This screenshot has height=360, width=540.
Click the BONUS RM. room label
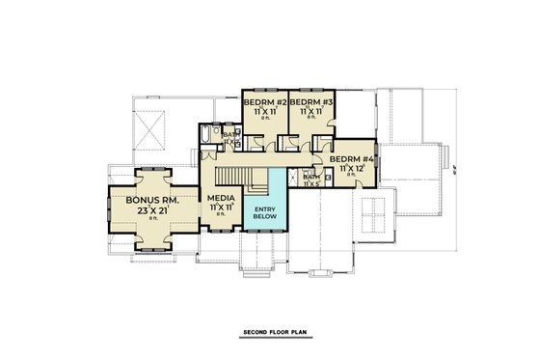click(x=148, y=200)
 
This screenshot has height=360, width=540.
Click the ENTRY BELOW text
click(x=264, y=211)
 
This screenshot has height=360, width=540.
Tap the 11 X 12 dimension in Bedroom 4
click(x=352, y=169)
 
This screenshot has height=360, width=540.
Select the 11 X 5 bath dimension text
click(x=311, y=184)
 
